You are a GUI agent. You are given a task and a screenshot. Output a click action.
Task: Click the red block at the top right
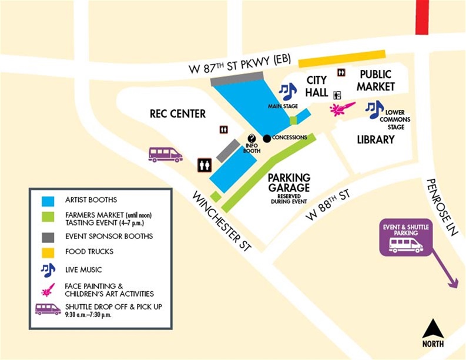tap(422, 17)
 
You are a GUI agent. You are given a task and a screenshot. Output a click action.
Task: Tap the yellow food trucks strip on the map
tap(341, 58)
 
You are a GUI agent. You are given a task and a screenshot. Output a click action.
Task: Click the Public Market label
tap(376, 80)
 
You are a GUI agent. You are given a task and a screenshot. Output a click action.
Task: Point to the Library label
tap(376, 140)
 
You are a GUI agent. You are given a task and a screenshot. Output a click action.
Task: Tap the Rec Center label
tap(177, 113)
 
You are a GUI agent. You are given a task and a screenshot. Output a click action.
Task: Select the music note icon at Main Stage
tap(288, 91)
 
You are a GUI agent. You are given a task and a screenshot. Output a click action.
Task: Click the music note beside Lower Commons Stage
tap(374, 109)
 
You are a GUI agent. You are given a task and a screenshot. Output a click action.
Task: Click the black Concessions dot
tap(266, 138)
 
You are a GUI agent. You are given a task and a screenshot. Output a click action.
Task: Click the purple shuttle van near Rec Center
tap(165, 154)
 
